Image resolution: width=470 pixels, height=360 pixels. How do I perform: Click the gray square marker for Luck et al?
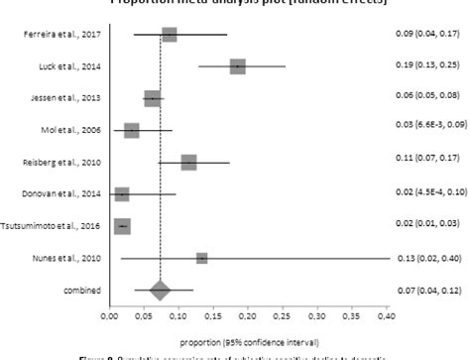tap(237, 66)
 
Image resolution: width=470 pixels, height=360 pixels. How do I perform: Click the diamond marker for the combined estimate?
tap(160, 291)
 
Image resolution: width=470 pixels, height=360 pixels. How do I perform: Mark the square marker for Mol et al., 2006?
tap(132, 131)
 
